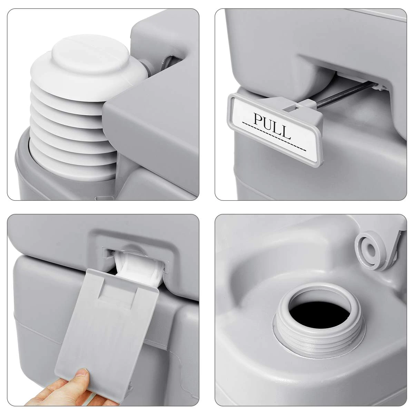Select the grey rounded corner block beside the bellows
150,129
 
